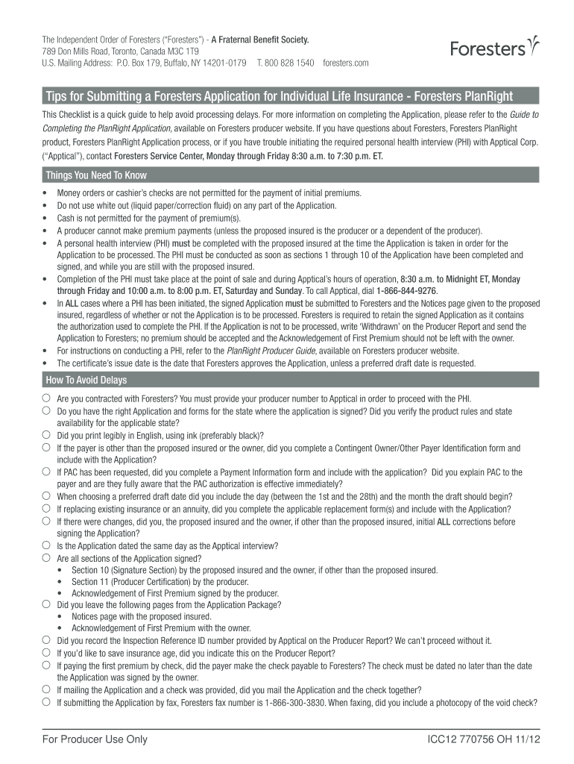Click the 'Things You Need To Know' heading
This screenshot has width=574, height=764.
(96, 175)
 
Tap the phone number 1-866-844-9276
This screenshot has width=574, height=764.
(407, 291)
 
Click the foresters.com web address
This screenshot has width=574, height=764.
(346, 63)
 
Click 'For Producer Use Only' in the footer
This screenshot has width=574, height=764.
(95, 740)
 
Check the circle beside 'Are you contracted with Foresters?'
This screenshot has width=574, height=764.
(46, 398)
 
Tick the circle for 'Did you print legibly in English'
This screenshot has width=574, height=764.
(46, 435)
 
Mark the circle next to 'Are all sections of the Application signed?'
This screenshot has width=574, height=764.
(46, 557)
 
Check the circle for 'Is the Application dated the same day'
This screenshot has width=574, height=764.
(46, 545)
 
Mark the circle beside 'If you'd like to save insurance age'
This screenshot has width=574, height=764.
(46, 652)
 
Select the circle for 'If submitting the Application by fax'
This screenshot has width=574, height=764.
(46, 702)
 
